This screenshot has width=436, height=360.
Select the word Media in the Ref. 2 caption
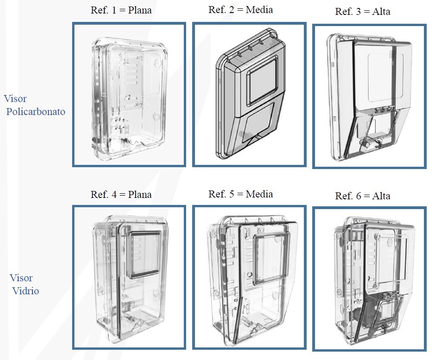(260, 10)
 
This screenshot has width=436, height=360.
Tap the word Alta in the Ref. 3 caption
(381, 12)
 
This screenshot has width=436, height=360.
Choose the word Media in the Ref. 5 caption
(260, 194)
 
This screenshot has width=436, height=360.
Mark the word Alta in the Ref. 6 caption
(381, 196)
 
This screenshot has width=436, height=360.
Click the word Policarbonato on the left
(36, 112)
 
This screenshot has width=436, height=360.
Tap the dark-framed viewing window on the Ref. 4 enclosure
(145, 253)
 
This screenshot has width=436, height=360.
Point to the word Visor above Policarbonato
(15, 99)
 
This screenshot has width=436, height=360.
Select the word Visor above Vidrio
(21, 278)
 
